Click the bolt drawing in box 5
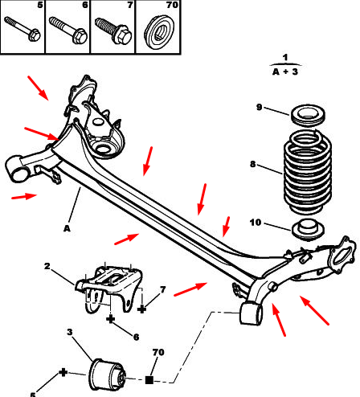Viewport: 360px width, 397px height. (22, 29)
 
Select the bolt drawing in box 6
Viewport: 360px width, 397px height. (68, 30)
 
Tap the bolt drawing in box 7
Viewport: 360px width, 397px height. (113, 31)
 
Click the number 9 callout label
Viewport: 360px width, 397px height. (259, 107)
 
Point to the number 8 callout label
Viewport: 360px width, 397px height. (252, 164)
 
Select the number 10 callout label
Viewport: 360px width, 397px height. (256, 223)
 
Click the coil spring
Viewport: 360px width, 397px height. (308, 171)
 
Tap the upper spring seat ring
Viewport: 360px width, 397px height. (308, 115)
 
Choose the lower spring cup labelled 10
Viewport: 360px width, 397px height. (308, 229)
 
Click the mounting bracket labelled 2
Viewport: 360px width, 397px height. (109, 289)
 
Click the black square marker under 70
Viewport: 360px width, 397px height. (149, 379)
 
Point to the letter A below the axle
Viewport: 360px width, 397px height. (67, 228)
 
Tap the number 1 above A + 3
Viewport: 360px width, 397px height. (285, 57)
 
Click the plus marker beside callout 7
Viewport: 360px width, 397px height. (141, 309)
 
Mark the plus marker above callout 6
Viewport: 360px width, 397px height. (110, 319)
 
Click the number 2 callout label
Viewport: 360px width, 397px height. (47, 266)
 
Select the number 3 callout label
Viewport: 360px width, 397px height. (70, 332)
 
